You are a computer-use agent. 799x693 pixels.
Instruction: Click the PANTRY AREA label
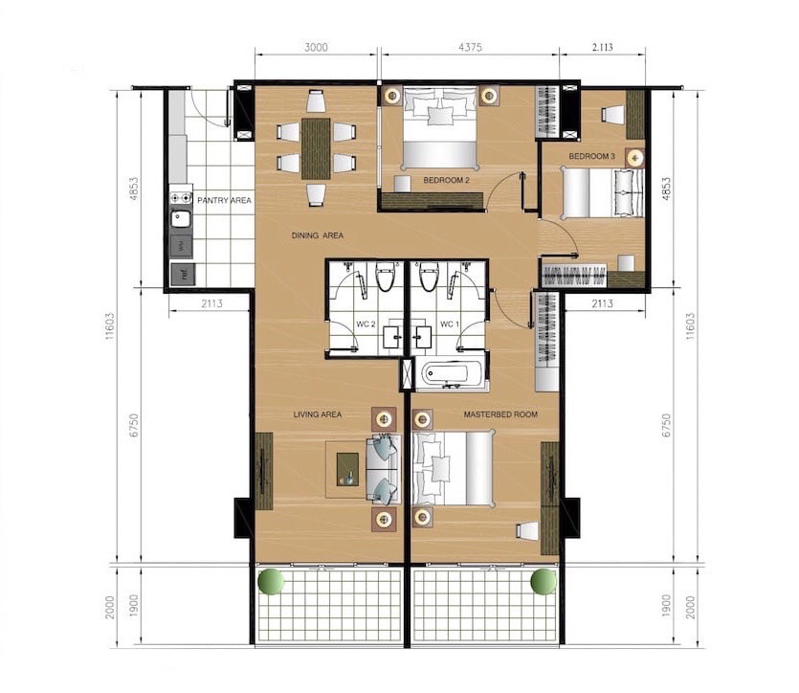click(x=224, y=200)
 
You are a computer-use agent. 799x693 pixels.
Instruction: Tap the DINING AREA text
click(x=318, y=235)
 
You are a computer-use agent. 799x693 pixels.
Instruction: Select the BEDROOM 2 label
click(x=446, y=180)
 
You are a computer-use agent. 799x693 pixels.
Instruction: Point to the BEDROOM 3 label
click(x=592, y=156)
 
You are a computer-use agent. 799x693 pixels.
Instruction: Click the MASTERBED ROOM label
click(x=500, y=414)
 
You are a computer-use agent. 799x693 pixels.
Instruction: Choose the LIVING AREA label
click(x=318, y=414)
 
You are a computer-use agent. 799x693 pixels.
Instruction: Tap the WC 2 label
click(x=366, y=324)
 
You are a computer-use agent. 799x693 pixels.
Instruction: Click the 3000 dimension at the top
click(x=316, y=48)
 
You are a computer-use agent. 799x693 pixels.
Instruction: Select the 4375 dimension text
click(x=471, y=48)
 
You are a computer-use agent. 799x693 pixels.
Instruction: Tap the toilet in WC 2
click(x=385, y=277)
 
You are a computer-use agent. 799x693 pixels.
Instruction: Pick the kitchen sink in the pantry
click(x=181, y=219)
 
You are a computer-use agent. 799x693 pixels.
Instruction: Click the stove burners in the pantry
click(x=181, y=198)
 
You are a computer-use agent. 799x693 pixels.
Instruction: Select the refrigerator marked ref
click(x=184, y=273)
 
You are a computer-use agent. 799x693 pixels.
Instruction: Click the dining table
click(x=316, y=148)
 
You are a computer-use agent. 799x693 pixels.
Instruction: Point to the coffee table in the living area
click(x=348, y=469)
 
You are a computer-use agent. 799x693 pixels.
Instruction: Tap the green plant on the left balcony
click(x=271, y=581)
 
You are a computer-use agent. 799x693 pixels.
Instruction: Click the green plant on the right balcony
click(x=544, y=581)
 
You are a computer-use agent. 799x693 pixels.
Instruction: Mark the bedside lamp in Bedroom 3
click(x=635, y=159)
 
